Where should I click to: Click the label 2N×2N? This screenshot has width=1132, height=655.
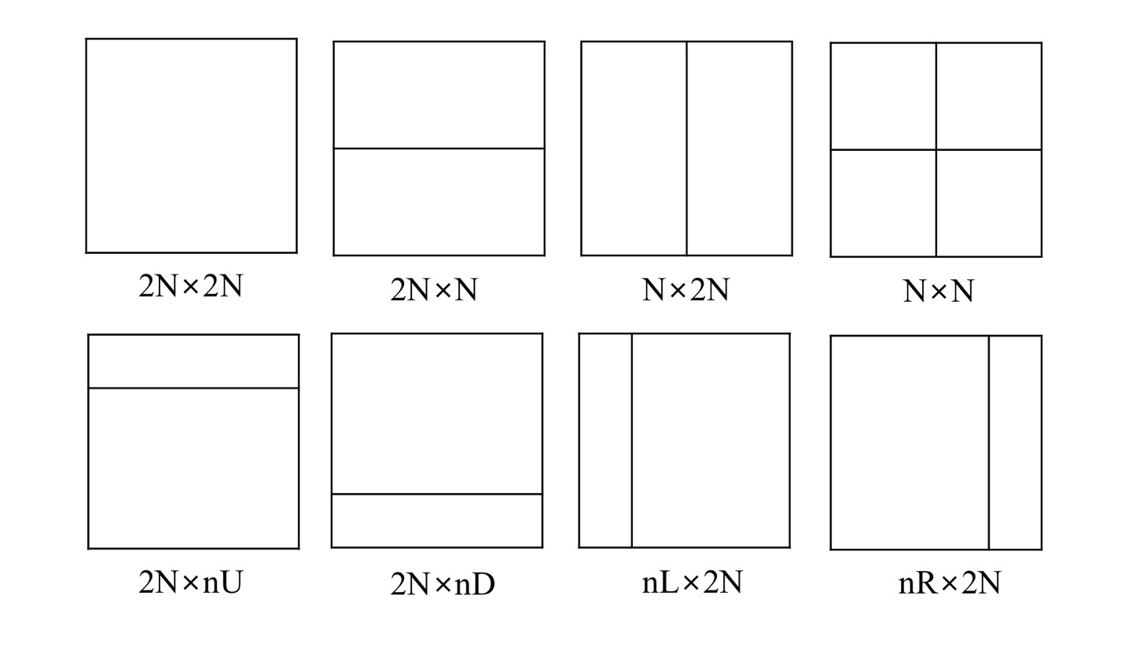pyautogui.click(x=191, y=286)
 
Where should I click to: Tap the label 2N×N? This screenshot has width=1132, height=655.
pyautogui.click(x=434, y=290)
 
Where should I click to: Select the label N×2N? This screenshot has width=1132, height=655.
pyautogui.click(x=685, y=290)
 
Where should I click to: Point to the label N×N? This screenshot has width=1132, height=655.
pyautogui.click(x=939, y=292)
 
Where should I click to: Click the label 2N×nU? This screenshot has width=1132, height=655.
pyautogui.click(x=191, y=583)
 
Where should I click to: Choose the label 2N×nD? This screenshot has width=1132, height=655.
pyautogui.click(x=443, y=584)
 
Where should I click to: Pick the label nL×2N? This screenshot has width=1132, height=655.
pyautogui.click(x=692, y=583)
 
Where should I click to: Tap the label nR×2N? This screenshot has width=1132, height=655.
pyautogui.click(x=950, y=583)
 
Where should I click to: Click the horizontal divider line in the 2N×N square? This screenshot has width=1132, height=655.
pyautogui.click(x=439, y=148)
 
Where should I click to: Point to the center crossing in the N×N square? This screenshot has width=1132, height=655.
pyautogui.click(x=935, y=149)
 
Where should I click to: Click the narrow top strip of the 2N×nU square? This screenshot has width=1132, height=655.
pyautogui.click(x=193, y=361)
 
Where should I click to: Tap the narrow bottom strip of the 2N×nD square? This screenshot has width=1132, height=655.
pyautogui.click(x=437, y=521)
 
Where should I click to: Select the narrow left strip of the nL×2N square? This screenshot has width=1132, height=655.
pyautogui.click(x=605, y=440)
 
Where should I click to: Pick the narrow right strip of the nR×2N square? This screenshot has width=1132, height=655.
pyautogui.click(x=1015, y=443)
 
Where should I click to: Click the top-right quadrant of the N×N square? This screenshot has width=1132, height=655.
pyautogui.click(x=989, y=96)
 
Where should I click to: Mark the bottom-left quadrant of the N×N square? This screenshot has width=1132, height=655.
pyautogui.click(x=883, y=203)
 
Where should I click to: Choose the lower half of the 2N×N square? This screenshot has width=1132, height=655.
pyautogui.click(x=439, y=201)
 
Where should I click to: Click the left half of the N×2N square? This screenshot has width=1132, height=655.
pyautogui.click(x=634, y=148)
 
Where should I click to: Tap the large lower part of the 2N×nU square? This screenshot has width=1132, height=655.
pyautogui.click(x=193, y=468)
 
